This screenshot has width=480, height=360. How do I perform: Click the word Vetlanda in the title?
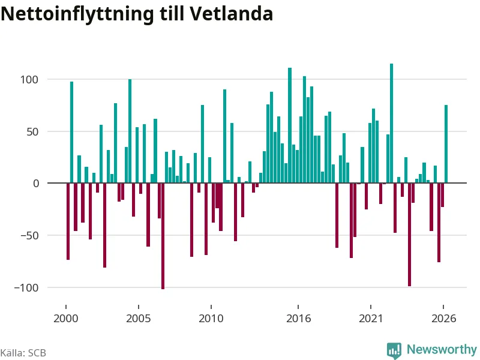pos(231,14)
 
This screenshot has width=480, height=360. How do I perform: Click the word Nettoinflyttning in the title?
pos(77,14)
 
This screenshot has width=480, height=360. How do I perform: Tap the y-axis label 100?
pos(29,80)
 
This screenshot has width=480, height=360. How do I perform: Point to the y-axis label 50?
pos(32,132)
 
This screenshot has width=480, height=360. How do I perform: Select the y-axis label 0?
pos(36,184)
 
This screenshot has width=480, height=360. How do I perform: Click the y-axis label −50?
pos(29,236)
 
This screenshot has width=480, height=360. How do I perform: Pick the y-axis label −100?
pos(26,288)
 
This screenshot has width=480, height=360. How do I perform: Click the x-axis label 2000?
pos(66,319)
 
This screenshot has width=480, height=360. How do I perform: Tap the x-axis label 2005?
pos(139,319)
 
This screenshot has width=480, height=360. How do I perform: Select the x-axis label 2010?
pos(211,319)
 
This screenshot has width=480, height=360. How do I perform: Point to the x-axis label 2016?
pos(298,319)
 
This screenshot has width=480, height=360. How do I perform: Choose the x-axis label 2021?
pos(371,319)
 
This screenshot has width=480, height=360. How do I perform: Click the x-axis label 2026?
pos(443,319)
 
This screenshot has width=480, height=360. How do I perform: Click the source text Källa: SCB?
pos(23,353)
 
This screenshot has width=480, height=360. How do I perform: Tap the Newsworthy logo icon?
pos(394,350)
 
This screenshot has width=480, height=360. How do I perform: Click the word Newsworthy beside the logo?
pos(442,349)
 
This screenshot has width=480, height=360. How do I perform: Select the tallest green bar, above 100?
pos(391,124)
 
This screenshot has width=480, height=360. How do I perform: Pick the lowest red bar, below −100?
pos(163,236)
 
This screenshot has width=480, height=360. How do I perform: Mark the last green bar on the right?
pos(446,144)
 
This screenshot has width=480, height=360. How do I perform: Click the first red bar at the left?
pos(68,221)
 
